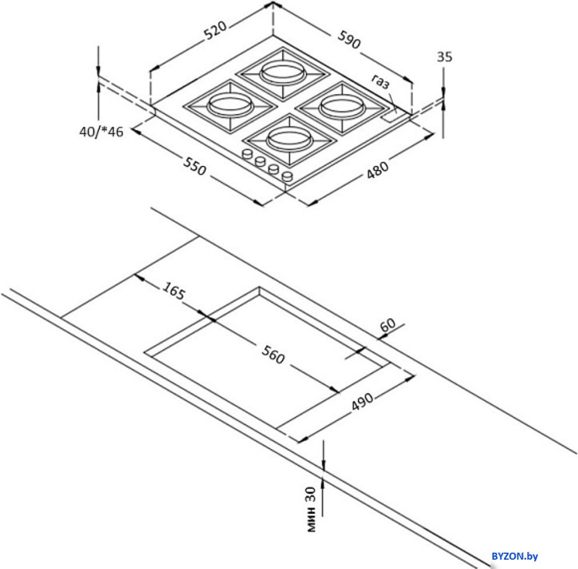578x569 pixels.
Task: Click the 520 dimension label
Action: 215,30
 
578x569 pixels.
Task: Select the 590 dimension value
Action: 349,40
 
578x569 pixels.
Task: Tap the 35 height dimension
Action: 444,57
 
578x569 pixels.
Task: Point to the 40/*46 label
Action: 101,131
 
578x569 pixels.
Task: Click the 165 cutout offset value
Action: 173,291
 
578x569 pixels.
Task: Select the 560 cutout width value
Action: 273,354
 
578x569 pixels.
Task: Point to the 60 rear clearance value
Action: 387,324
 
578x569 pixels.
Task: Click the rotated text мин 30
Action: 311,509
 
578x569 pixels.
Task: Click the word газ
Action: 380,82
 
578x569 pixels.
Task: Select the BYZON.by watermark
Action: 514,556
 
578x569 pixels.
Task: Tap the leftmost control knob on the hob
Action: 247,153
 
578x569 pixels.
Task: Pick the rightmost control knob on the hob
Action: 287,176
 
